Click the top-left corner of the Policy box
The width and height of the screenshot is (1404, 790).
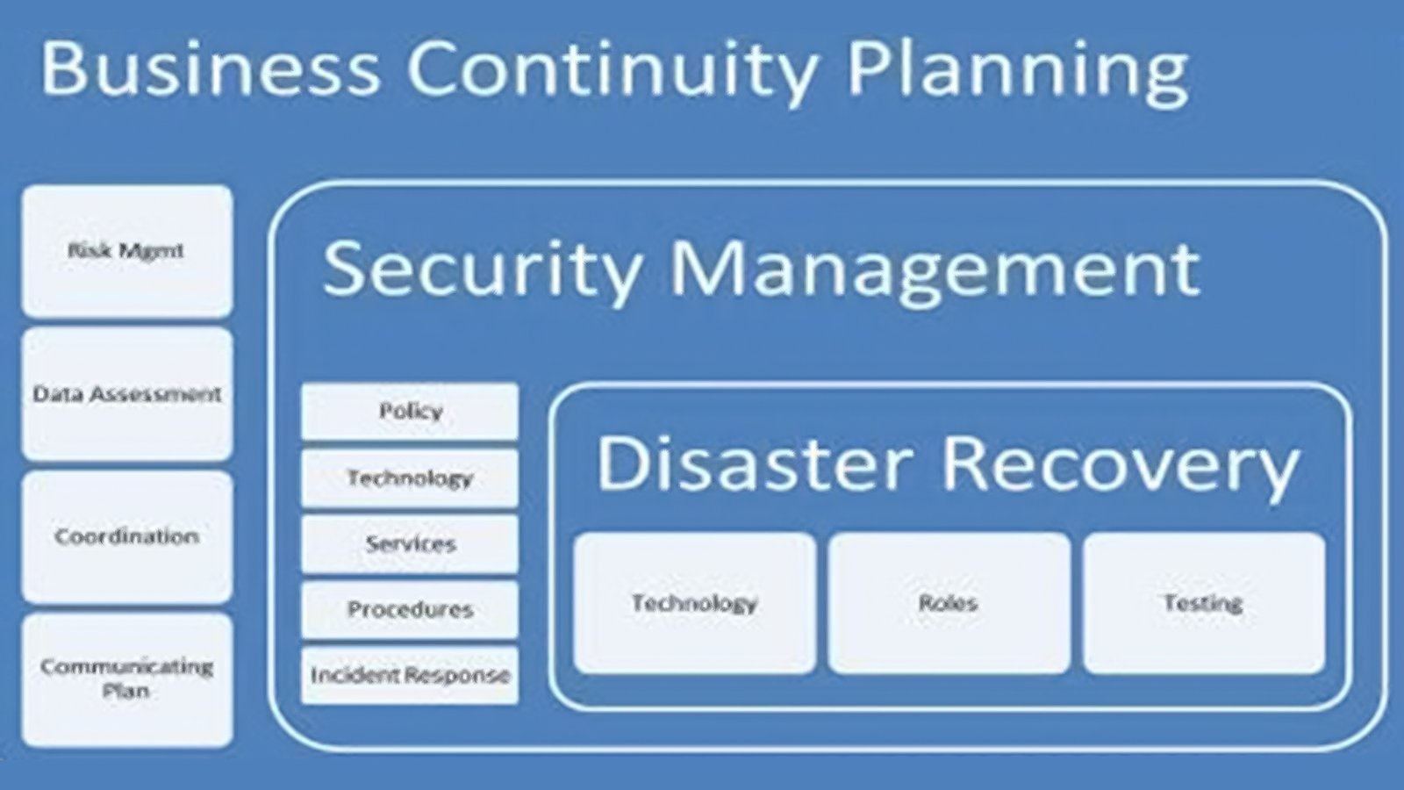pos(302,384)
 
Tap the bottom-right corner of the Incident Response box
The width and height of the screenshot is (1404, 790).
pos(519,704)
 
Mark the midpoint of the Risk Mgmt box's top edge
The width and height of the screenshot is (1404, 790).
pos(127,185)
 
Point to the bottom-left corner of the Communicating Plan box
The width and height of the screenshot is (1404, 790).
pos(22,746)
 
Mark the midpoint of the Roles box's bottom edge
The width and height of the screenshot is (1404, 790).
pos(949,674)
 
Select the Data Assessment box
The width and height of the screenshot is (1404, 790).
pos(127,394)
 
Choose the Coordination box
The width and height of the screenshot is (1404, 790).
pos(127,536)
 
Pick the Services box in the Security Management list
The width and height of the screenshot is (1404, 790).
pos(410,544)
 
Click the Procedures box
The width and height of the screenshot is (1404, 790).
pos(410,610)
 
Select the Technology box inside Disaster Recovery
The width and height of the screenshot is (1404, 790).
pos(695,603)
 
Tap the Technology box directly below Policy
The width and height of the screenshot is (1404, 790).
pos(410,478)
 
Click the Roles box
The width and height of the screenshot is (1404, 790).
pos(949,603)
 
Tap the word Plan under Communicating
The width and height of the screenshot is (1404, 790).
pos(126,691)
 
